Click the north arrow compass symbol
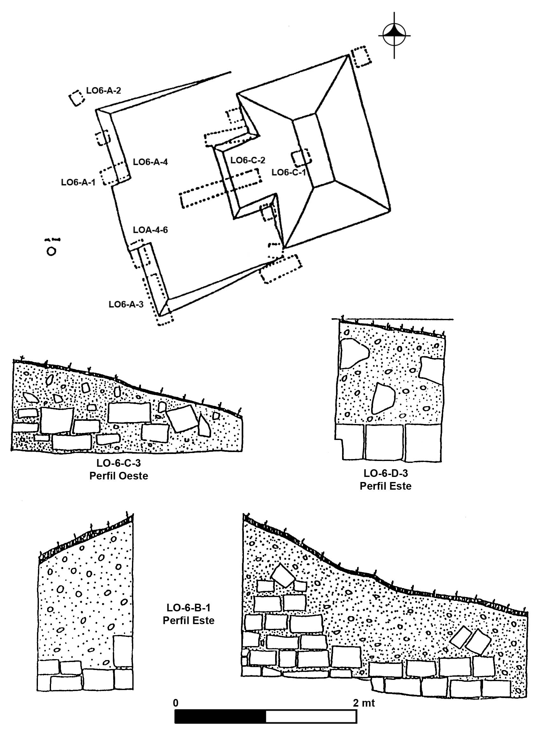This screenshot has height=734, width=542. (x=394, y=34)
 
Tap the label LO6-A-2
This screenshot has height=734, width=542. (x=103, y=90)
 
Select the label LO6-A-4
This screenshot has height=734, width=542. (x=150, y=162)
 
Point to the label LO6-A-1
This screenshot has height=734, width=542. (x=78, y=182)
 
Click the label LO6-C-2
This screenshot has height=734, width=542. (x=248, y=160)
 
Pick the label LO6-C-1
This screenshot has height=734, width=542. (x=289, y=172)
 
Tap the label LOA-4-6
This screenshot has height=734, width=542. (x=150, y=230)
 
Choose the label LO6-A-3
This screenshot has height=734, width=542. (x=126, y=305)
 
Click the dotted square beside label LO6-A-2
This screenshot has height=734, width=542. (x=77, y=98)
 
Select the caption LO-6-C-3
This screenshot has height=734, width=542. (x=119, y=463)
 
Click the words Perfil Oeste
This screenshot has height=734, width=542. (x=119, y=476)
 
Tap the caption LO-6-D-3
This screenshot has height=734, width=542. (x=385, y=473)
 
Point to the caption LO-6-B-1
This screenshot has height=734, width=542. (x=188, y=608)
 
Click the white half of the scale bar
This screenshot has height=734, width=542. (x=311, y=716)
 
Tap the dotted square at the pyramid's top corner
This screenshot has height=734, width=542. (x=361, y=57)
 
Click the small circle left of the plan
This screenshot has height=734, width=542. (x=51, y=251)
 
